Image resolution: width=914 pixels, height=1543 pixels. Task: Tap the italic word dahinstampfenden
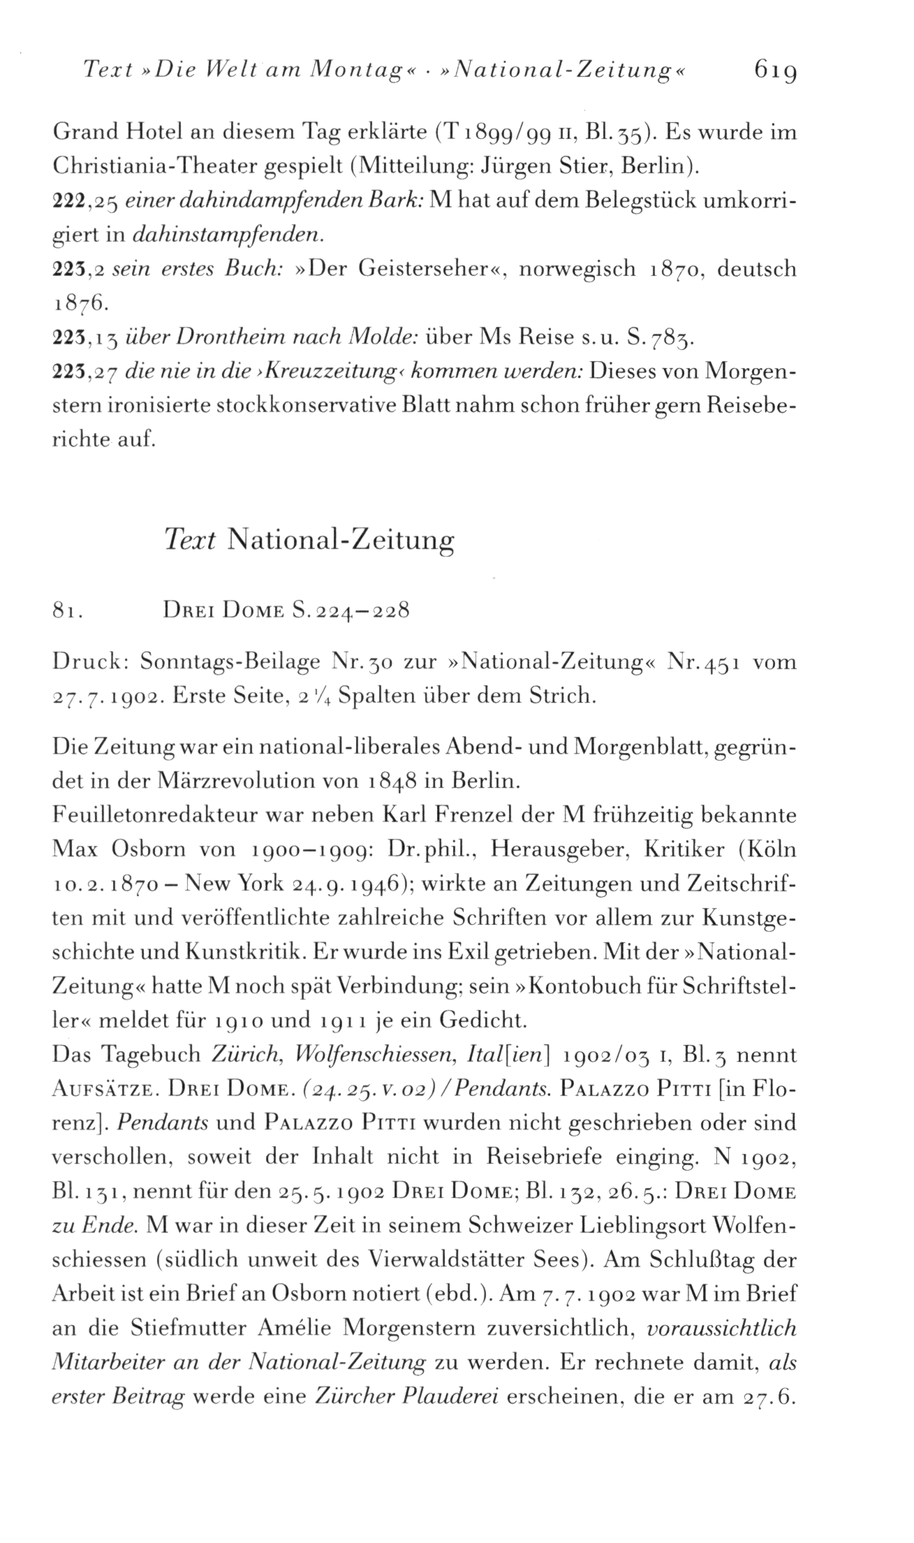(227, 235)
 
